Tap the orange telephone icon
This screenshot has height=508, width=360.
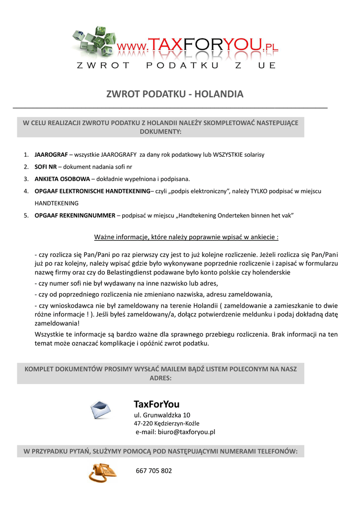pyautogui.click(x=102, y=472)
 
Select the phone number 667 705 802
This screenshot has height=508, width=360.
pyautogui.click(x=154, y=471)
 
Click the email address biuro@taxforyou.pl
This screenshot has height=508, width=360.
pyautogui.click(x=175, y=432)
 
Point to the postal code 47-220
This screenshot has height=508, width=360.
pyautogui.click(x=143, y=424)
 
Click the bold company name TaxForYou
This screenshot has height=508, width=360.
pyautogui.click(x=156, y=404)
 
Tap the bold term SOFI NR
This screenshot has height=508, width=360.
pyautogui.click(x=45, y=167)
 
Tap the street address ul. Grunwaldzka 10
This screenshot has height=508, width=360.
pyautogui.click(x=162, y=415)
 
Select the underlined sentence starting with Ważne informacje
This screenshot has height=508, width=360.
pyautogui.click(x=186, y=237)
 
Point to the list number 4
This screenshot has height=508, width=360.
pyautogui.click(x=26, y=191)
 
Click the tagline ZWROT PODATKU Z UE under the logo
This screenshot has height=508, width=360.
pyautogui.click(x=176, y=65)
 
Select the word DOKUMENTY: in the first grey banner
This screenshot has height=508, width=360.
pyautogui.click(x=160, y=132)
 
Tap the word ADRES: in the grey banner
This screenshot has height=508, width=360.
pyautogui.click(x=160, y=378)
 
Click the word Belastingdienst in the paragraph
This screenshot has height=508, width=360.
pyautogui.click(x=118, y=272)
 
